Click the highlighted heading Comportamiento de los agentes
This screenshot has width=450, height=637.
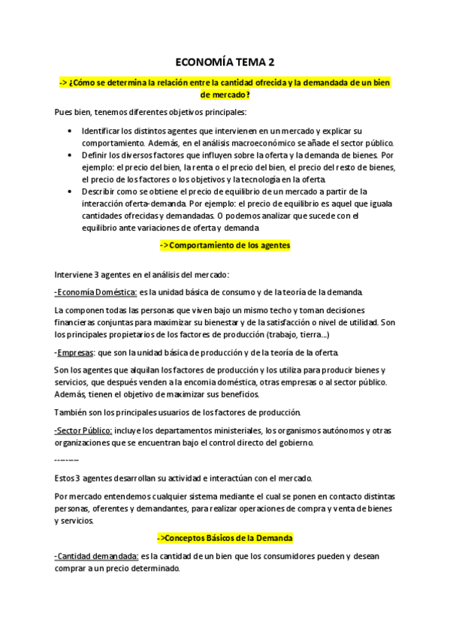[225, 246]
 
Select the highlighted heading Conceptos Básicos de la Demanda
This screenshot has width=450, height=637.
[225, 539]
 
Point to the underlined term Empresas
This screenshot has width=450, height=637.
[74, 352]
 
